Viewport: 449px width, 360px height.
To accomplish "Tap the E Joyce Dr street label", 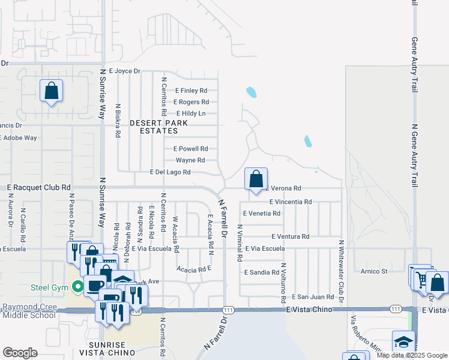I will coord(124,71).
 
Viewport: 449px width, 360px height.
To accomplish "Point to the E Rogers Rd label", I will coord(191,102).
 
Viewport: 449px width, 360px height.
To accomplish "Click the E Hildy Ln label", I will coord(191,113).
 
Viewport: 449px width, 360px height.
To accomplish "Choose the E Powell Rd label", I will coord(190,149).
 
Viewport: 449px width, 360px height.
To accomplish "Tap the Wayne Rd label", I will coord(190,160).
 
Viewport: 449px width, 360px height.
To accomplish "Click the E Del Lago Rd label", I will coord(170,172).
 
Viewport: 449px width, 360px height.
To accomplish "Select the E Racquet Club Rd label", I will coord(39,188).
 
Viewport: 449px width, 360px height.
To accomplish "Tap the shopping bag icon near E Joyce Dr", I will coord(52,91).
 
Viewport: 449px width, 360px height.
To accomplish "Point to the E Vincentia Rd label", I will coord(291,202).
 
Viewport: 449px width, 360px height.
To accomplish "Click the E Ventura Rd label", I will coord(290,237).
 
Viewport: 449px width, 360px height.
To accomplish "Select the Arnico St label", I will coord(374,271).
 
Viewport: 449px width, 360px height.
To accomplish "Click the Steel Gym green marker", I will coord(77,287).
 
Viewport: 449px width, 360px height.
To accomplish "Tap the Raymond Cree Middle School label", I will coord(29,311).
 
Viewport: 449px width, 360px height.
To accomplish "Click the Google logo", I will coord(20,353).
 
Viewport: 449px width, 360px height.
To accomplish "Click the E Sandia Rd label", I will coord(262,272).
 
